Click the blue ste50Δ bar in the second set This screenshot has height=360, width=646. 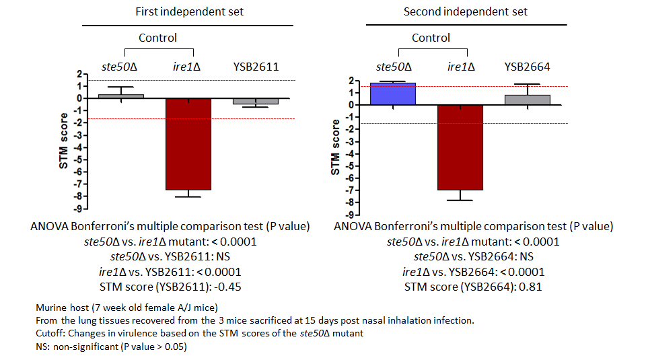click(392, 94)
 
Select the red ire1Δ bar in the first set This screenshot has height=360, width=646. click(188, 144)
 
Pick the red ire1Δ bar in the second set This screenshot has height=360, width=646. click(460, 147)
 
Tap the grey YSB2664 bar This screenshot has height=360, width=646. click(528, 100)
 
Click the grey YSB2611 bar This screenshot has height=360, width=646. click(256, 102)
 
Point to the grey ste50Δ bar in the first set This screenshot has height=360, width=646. click(121, 96)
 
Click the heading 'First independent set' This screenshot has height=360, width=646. click(190, 11)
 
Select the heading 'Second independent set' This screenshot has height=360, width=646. click(466, 11)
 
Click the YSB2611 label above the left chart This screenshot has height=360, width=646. click(256, 67)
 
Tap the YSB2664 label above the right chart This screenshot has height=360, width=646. click(528, 67)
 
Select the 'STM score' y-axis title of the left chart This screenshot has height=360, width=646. click(63, 141)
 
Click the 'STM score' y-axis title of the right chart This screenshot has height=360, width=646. click(335, 147)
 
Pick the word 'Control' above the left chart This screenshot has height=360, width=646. click(157, 38)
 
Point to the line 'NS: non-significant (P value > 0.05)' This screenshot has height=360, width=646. click(111, 347)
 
